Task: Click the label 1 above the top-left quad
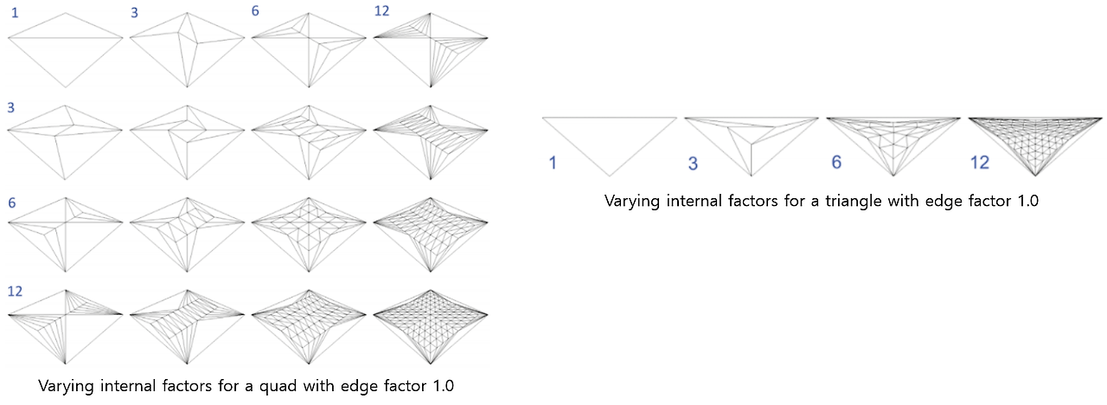tap(15, 13)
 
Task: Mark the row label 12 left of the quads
tap(15, 291)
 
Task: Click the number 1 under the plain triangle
tap(552, 163)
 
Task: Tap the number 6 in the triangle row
tap(835, 163)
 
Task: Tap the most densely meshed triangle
tap(1035, 138)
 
